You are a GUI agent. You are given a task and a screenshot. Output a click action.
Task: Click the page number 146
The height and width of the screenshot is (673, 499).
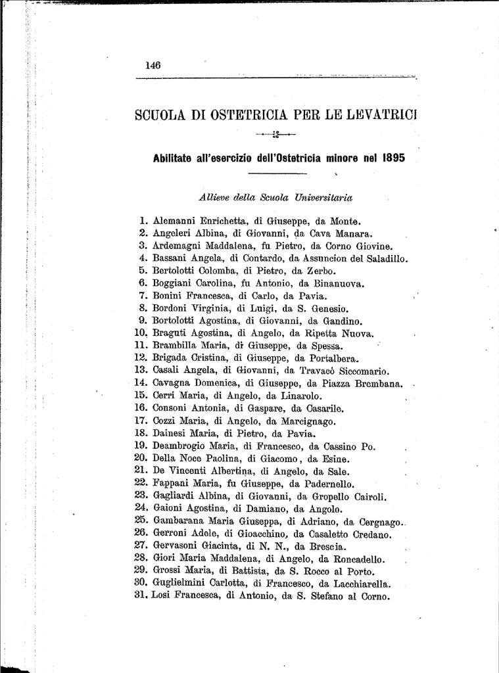(154, 65)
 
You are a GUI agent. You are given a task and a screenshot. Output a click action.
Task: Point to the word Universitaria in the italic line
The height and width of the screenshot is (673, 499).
(323, 196)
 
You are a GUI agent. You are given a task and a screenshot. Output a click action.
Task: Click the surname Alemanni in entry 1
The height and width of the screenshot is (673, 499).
(176, 221)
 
